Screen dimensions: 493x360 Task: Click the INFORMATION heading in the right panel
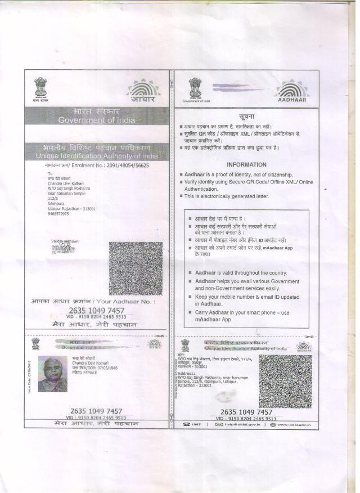pyautogui.click(x=246, y=164)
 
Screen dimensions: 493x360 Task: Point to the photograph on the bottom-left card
pyautogui.click(x=52, y=374)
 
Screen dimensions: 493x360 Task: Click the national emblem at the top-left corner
pyautogui.click(x=40, y=88)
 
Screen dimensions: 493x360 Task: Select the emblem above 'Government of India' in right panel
pyautogui.click(x=195, y=88)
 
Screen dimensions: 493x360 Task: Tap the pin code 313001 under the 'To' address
pyautogui.click(x=80, y=208)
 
